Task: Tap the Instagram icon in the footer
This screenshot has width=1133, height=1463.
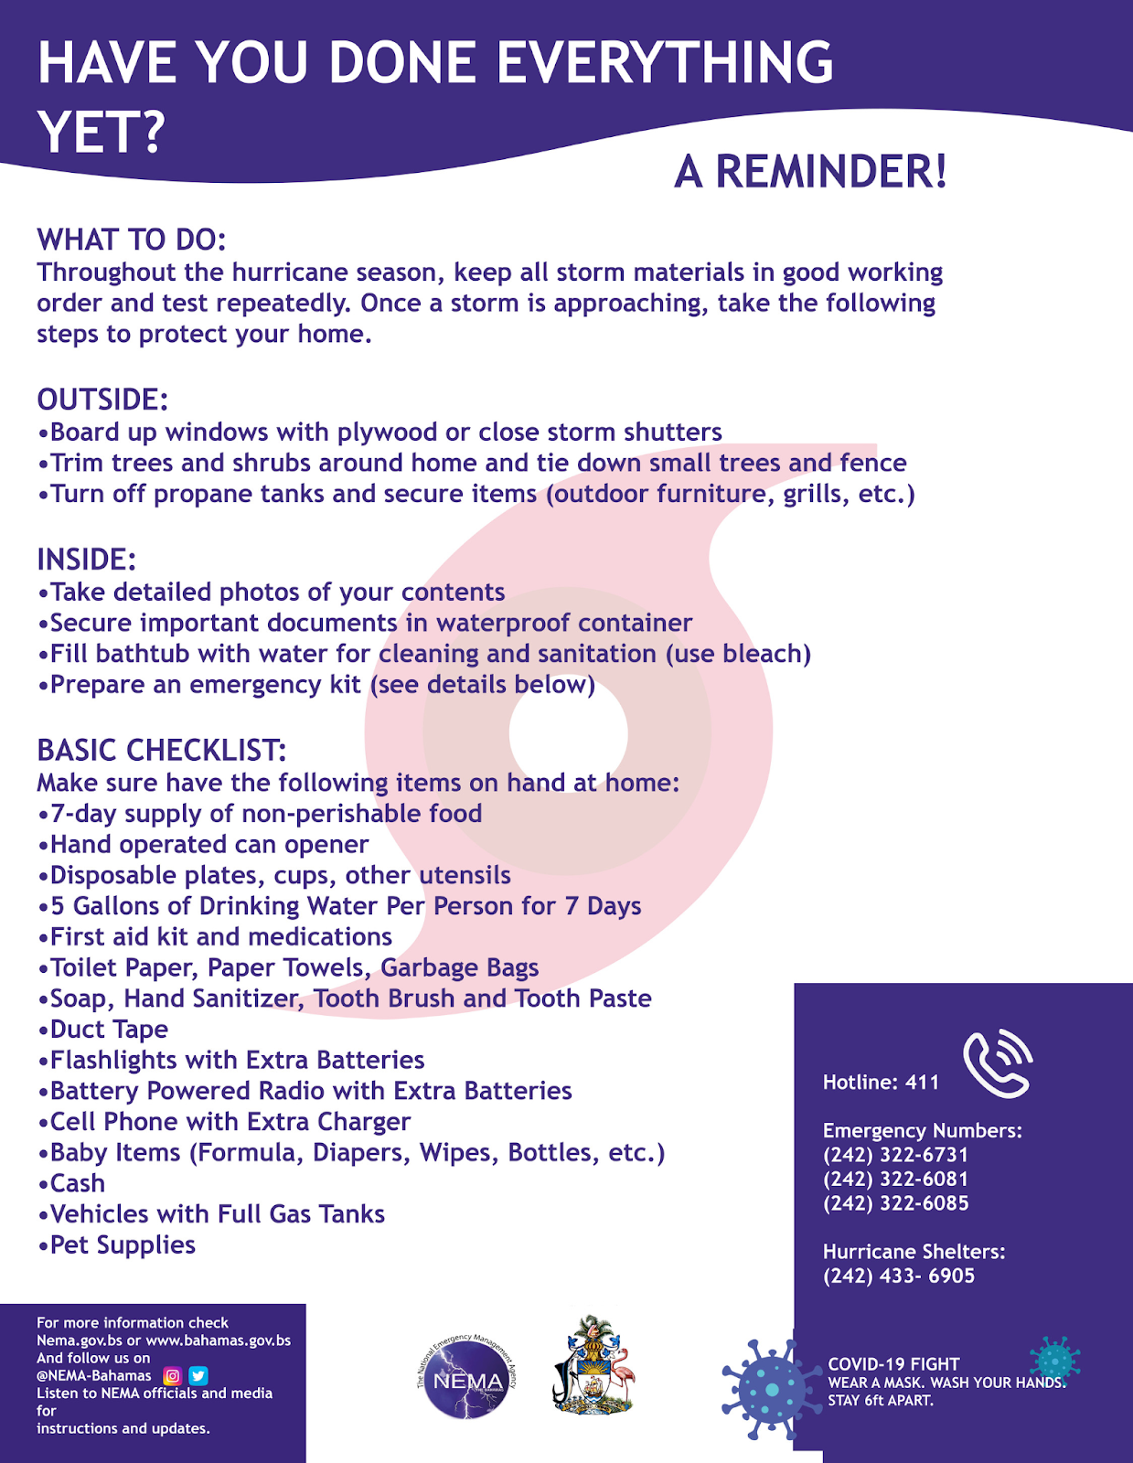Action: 172,1375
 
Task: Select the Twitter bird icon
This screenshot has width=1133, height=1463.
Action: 198,1375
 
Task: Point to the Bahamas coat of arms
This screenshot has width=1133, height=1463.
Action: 593,1366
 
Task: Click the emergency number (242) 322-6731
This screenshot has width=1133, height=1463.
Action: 895,1155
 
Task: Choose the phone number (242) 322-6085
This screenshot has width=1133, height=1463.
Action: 895,1203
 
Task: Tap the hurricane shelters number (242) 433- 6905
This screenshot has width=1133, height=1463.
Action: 899,1276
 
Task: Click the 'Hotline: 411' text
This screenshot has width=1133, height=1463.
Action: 881,1083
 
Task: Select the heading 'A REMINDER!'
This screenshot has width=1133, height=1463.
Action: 810,171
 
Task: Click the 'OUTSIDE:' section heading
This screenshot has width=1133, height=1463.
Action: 102,400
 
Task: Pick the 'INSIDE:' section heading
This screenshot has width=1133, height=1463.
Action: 87,560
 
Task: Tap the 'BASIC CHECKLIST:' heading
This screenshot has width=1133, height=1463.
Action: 162,750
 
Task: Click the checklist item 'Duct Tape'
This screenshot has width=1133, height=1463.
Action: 109,1030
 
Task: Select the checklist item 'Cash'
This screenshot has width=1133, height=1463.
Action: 78,1183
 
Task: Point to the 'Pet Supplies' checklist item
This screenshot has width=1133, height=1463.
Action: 123,1245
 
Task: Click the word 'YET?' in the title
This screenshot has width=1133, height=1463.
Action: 101,132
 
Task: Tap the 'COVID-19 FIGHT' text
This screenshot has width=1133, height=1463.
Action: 893,1364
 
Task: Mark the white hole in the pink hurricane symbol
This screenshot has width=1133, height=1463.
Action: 569,732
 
